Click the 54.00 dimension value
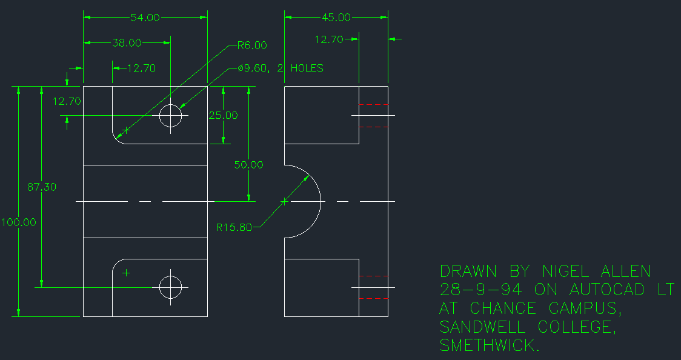coord(145,18)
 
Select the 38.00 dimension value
coord(127,43)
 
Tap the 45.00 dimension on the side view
coord(336,18)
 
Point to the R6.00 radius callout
coord(252,45)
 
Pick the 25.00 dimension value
coord(224,115)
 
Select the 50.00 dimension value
coord(249,164)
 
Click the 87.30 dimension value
coord(41,187)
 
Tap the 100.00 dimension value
coord(19,222)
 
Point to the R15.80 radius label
coord(234,228)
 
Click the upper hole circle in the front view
coord(171,115)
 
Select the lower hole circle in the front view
coord(171,287)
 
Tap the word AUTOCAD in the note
coord(607,290)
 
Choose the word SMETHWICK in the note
coord(489,346)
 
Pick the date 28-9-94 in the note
coord(481,290)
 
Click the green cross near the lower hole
coord(126,273)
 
